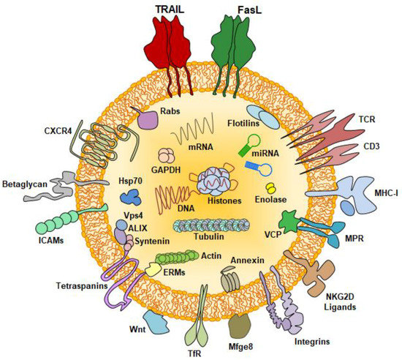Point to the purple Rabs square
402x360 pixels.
(148, 120)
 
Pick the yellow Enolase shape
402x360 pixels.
(270, 189)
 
